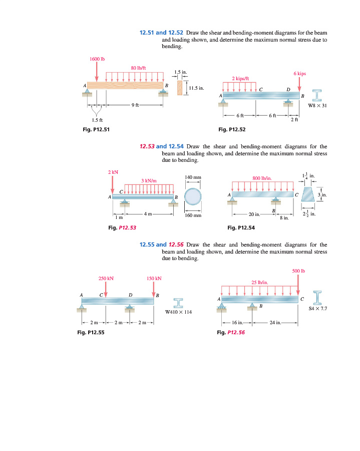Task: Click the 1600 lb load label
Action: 97,59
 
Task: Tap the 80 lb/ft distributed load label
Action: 138,67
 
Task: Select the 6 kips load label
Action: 299,73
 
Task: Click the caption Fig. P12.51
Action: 96,130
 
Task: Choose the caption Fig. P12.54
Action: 241,228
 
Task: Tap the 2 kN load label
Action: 113,172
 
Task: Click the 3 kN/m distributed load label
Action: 149,180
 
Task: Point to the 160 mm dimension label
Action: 193,215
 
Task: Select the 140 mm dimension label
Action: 193,177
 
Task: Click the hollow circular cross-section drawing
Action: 193,197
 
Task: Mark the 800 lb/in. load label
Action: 262,177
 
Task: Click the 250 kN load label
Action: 106,278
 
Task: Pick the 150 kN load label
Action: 154,278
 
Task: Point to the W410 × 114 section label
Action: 179,312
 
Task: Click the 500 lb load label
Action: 298,271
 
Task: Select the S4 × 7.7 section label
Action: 318,309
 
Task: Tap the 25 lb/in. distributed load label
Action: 260,282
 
